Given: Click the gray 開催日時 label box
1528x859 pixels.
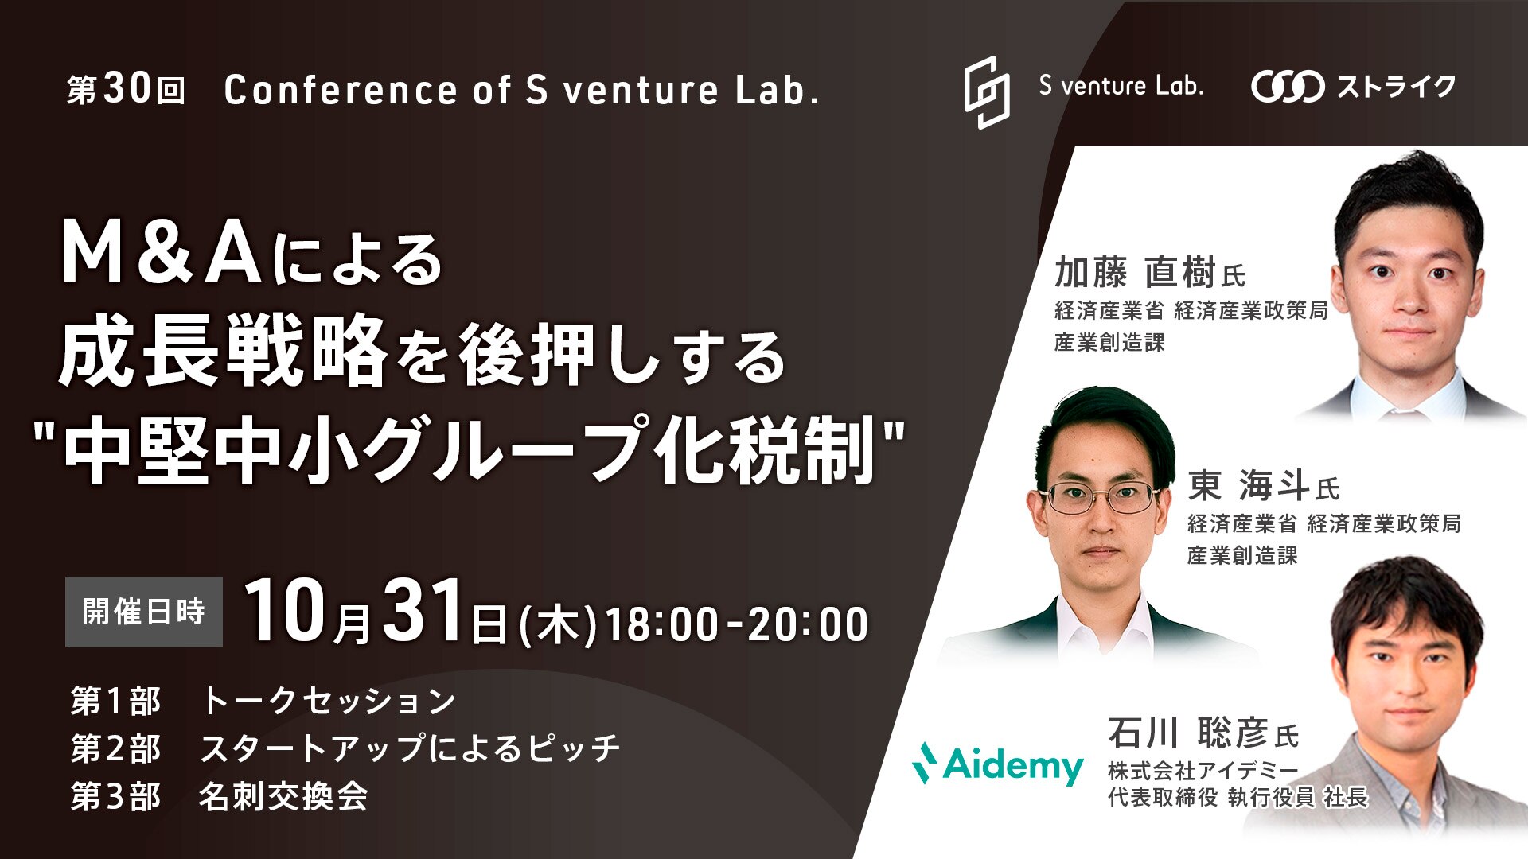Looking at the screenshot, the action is (144, 612).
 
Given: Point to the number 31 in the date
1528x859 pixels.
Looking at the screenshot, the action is (423, 610).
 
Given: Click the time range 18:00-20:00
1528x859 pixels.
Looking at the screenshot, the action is (737, 624).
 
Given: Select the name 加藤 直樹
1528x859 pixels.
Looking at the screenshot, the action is (1135, 272).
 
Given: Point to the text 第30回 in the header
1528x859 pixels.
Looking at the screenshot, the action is (127, 90).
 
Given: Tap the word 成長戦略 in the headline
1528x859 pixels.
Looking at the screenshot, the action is (224, 350).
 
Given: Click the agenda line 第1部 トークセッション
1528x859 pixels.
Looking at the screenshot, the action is (263, 701).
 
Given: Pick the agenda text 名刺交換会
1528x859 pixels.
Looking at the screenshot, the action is (283, 796).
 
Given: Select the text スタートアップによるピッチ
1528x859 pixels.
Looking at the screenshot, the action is (410, 748).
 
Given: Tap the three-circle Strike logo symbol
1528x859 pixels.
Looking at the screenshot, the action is (1288, 87).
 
